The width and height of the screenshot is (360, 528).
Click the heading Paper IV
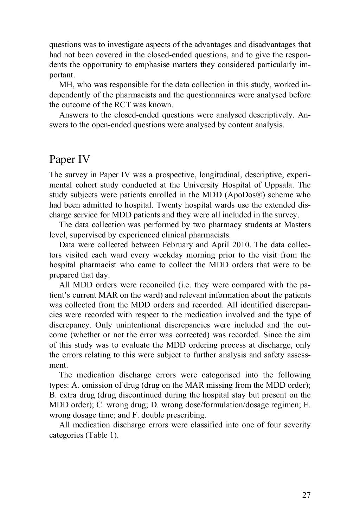point(70,159)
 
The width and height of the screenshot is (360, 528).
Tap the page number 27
point(307,495)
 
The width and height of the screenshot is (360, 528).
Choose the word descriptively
point(270,115)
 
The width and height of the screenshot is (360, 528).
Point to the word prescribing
point(184,415)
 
